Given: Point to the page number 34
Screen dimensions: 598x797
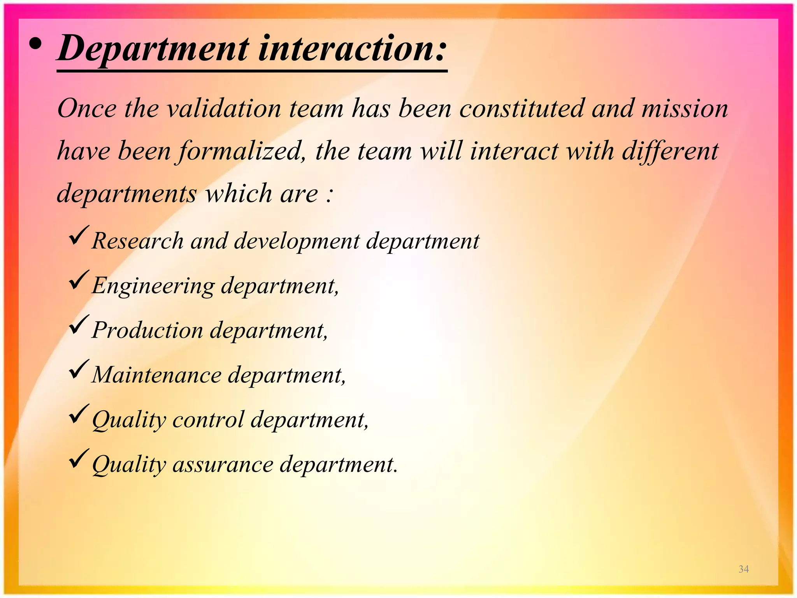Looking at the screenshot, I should click(744, 569).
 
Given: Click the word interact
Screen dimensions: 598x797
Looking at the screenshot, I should click(514, 151).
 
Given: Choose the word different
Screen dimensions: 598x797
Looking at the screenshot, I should click(670, 151).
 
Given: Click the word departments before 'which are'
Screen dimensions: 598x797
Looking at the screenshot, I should click(127, 193).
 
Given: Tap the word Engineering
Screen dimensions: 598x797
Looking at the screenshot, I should click(153, 285).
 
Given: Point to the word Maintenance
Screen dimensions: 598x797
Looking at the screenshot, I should click(156, 375).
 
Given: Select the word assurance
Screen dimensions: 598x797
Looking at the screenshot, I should click(223, 464).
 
